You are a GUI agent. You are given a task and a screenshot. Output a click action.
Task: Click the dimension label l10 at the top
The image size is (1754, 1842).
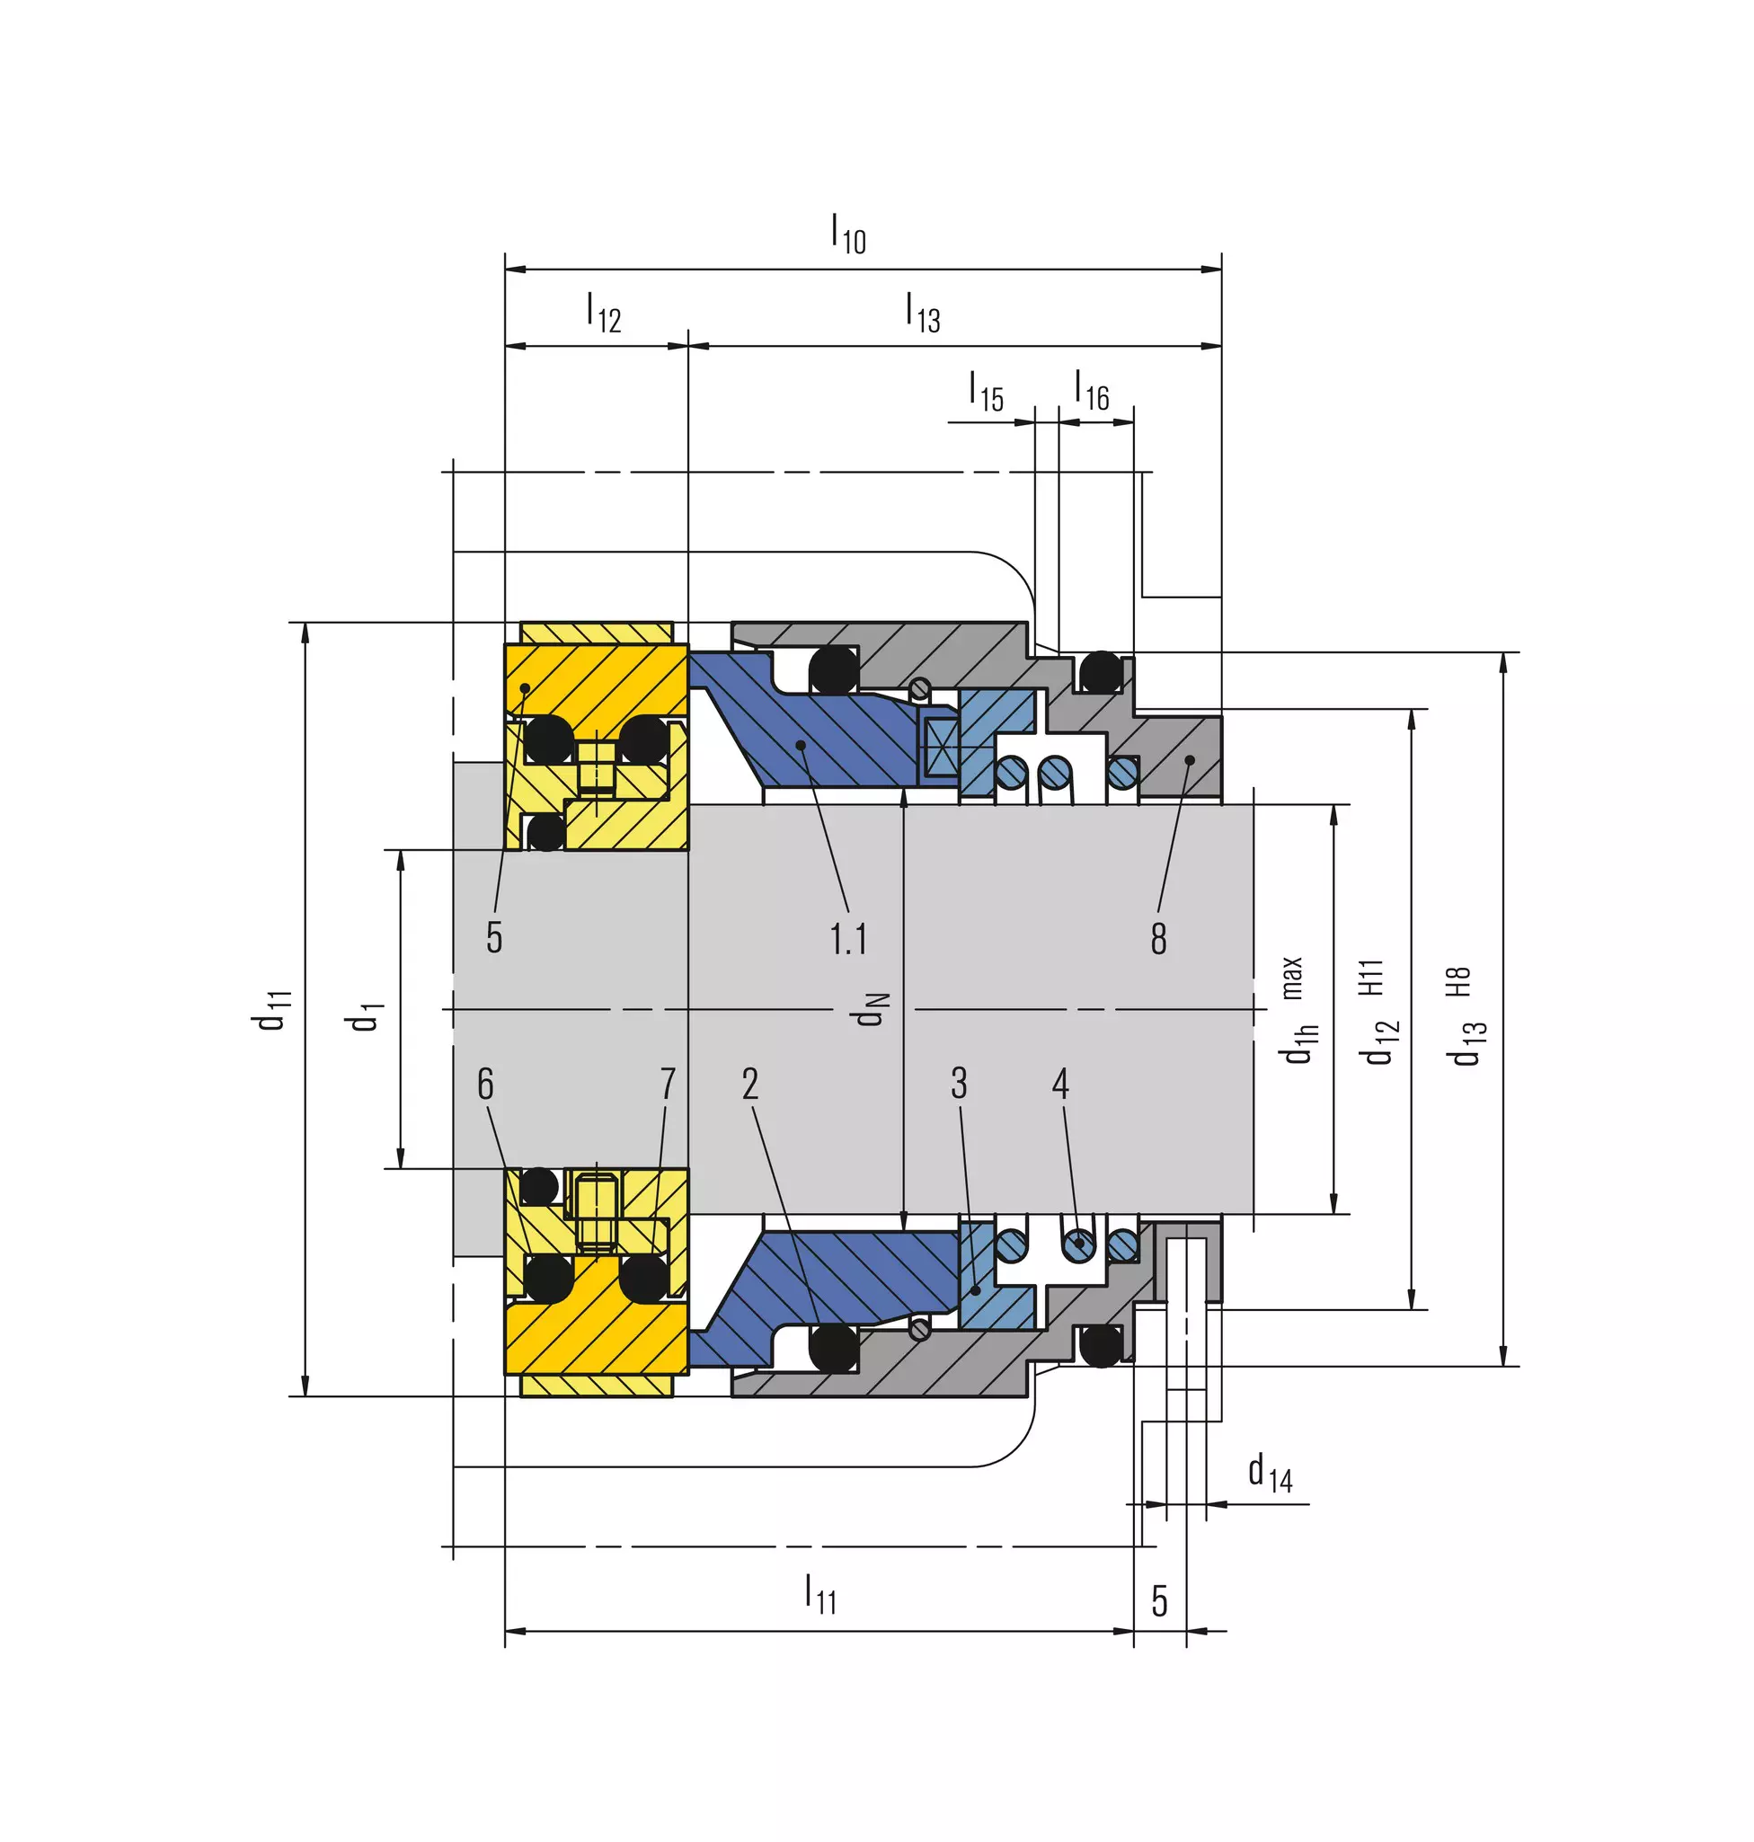[849, 234]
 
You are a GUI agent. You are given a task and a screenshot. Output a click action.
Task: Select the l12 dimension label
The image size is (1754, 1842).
[604, 313]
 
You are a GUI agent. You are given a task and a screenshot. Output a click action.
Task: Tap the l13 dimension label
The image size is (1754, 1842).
[923, 313]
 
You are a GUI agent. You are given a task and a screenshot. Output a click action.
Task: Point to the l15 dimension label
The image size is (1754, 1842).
[987, 391]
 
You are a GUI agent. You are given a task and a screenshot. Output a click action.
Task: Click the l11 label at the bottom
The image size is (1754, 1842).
[821, 1593]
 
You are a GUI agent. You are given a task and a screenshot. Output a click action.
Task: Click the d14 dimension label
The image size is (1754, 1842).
[1270, 1473]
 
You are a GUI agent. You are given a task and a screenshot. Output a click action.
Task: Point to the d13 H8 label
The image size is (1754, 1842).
[1465, 1015]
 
